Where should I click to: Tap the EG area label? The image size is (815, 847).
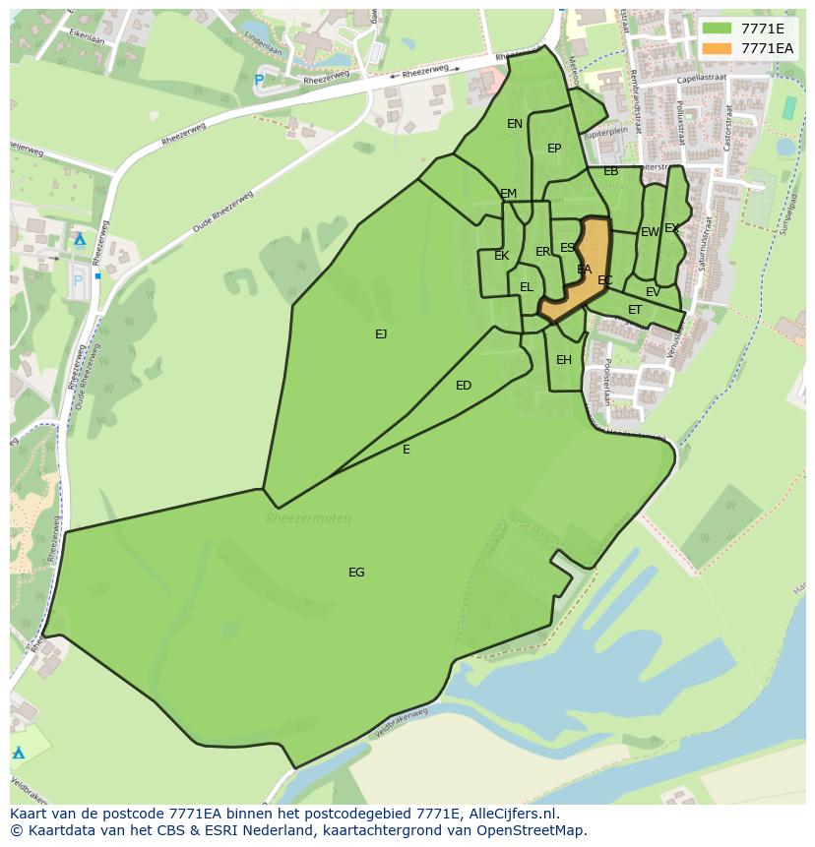click(356, 573)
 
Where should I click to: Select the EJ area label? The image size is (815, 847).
click(381, 334)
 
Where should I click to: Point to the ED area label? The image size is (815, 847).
click(464, 386)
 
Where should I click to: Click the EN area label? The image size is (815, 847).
click(515, 124)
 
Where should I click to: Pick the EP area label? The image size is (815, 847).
click(554, 149)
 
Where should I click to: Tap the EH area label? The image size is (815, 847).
click(564, 360)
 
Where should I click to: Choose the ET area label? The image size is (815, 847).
click(635, 310)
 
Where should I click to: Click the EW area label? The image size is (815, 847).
click(650, 232)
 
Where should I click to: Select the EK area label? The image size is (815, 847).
click(502, 256)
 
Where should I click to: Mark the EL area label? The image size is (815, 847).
click(527, 287)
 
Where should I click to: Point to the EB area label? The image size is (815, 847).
click(611, 171)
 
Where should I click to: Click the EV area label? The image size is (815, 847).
click(654, 292)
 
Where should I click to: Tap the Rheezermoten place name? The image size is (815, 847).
click(308, 518)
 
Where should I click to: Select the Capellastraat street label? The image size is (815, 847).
click(700, 82)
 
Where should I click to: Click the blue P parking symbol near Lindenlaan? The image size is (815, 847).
click(259, 80)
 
